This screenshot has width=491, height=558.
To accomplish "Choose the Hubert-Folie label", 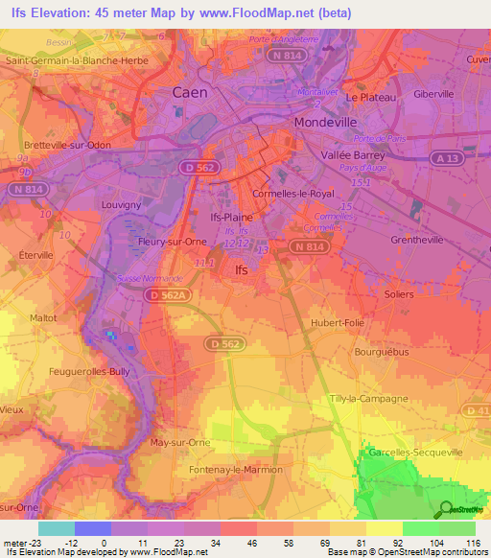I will coord(338,323).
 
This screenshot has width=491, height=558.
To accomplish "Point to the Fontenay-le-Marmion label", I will coord(235,469).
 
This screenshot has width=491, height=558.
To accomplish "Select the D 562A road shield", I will coord(169,296).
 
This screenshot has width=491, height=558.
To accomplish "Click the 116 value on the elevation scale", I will coord(473,542).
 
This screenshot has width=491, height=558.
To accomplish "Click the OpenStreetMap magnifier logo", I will coord(445,509).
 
